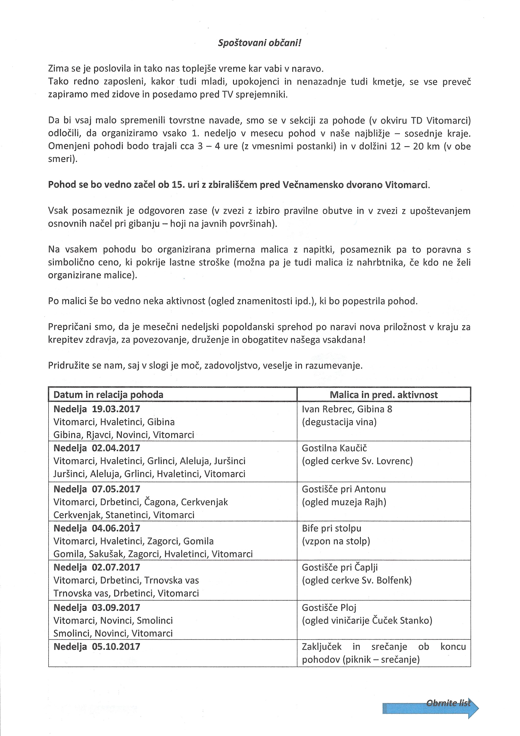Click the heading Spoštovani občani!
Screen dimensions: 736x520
259,43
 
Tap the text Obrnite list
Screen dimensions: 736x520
448,703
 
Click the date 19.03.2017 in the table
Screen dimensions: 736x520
116,409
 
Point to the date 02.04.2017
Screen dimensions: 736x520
116,448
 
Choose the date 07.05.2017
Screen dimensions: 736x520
116,489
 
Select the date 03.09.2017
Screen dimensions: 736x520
116,607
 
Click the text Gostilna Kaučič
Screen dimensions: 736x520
334,448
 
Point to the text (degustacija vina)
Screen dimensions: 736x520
339,422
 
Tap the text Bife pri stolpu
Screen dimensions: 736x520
332,528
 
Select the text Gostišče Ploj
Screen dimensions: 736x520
329,607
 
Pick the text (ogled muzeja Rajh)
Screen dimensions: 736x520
344,502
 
